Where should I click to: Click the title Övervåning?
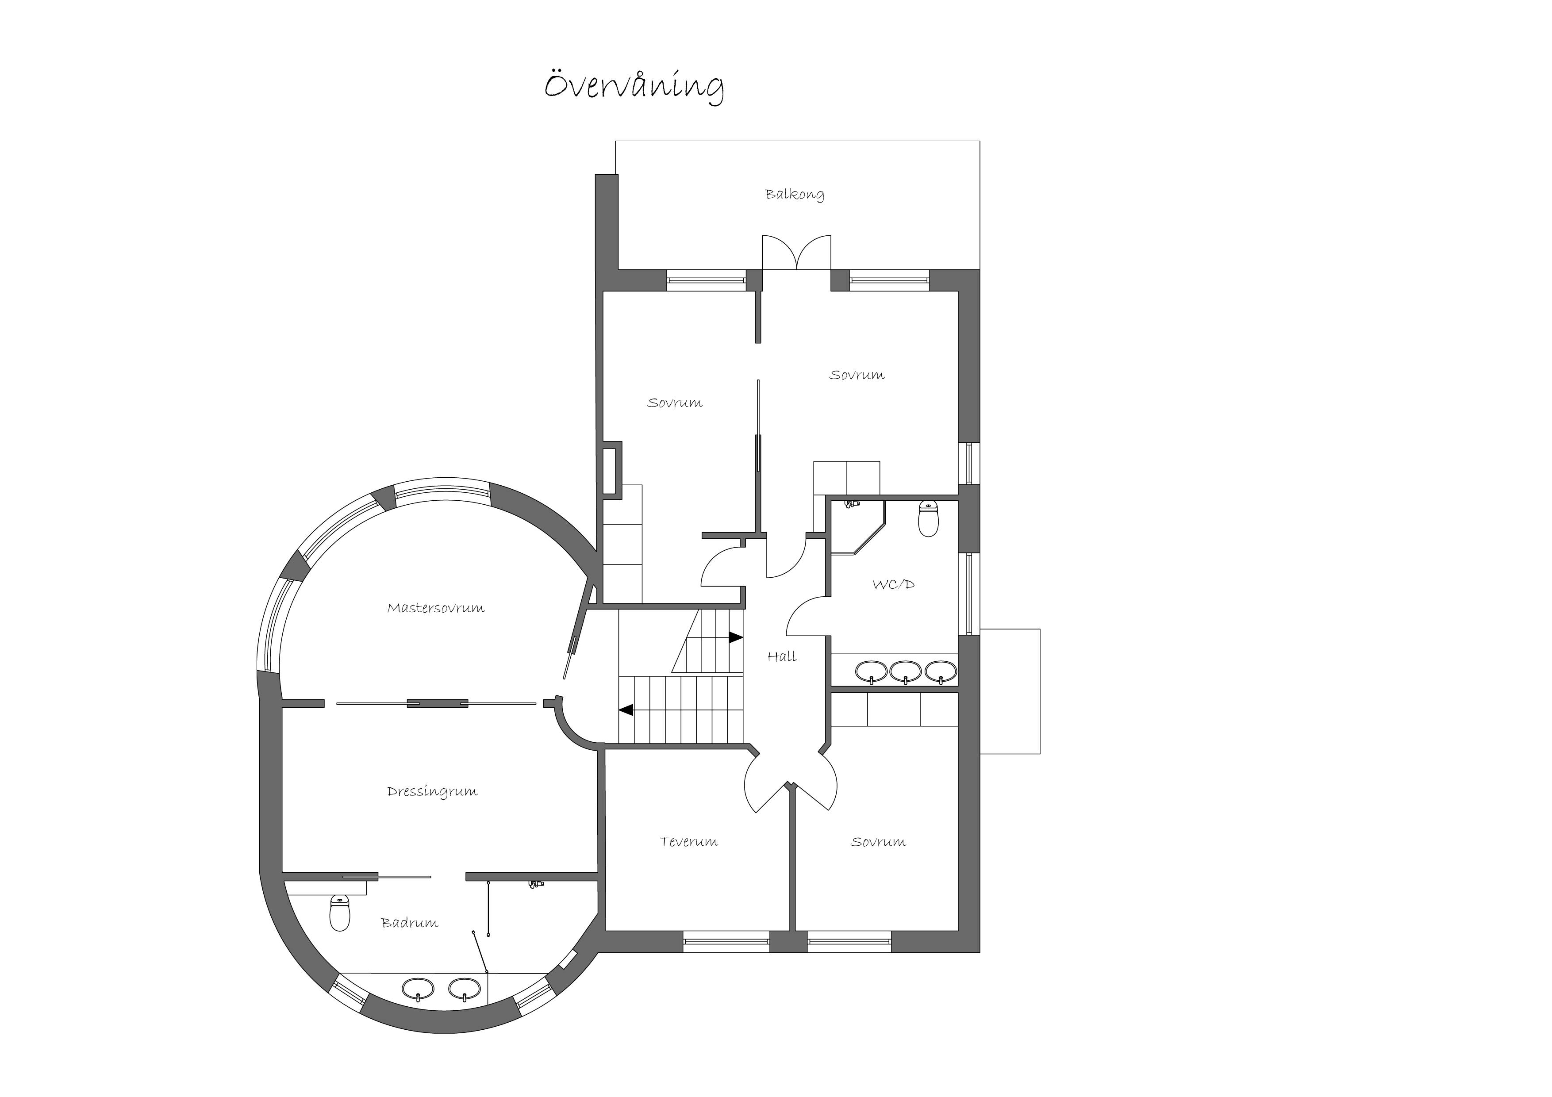click(634, 87)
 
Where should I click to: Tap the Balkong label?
click(794, 195)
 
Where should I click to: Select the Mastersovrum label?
click(435, 608)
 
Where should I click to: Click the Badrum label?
click(410, 923)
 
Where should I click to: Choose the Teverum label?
click(689, 841)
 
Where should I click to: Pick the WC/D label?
click(894, 584)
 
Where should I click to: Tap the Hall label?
click(782, 656)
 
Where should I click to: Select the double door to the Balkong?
click(797, 253)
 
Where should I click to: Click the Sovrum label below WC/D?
click(878, 841)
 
